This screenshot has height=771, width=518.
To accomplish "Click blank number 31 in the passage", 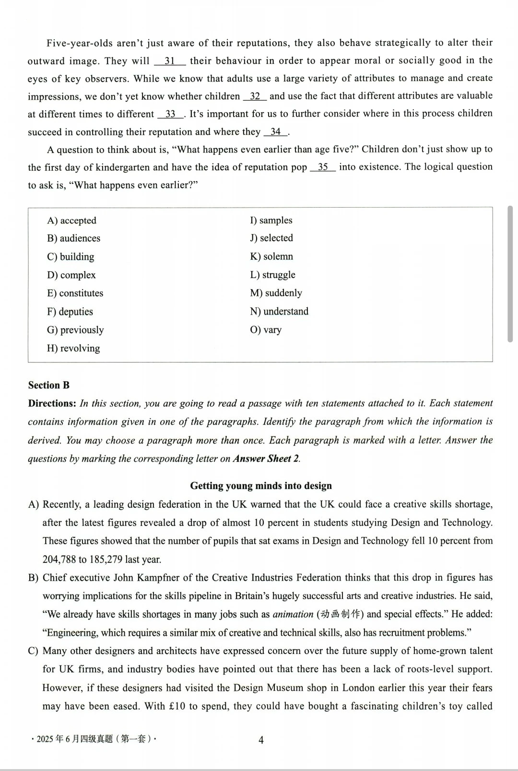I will (170, 61).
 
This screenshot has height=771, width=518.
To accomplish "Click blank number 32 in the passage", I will (255, 96).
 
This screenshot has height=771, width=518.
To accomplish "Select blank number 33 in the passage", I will (170, 114).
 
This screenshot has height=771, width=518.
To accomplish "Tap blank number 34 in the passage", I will (276, 132).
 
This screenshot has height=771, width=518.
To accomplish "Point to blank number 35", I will (323, 167).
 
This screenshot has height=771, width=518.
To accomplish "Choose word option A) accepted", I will (71, 221).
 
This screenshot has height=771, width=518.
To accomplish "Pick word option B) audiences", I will (73, 238).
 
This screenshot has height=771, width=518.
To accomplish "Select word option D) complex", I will (71, 275).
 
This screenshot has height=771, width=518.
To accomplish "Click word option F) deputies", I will (70, 312).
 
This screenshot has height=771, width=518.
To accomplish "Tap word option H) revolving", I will (73, 348).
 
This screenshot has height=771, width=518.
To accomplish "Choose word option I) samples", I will (271, 220).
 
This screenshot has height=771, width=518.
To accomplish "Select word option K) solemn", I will (271, 257).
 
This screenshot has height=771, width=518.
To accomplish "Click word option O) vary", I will (266, 330).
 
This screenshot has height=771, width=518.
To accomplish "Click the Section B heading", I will (49, 385).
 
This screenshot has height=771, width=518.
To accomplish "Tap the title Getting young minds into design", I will (261, 486).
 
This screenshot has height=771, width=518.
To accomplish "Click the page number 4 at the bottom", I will (261, 740).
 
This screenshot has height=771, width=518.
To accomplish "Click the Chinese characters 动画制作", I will (338, 614).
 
